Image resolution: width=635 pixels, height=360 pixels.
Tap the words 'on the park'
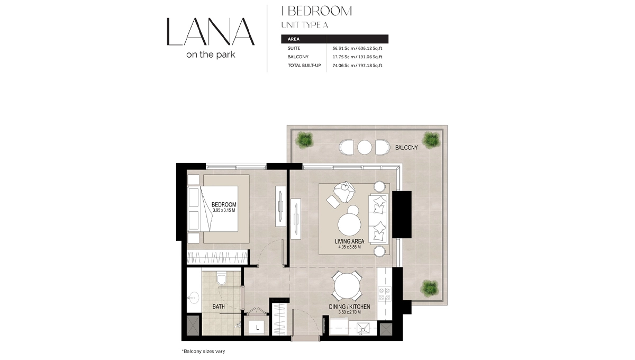(x=210, y=54)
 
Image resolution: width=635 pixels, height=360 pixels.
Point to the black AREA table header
(x=335, y=39)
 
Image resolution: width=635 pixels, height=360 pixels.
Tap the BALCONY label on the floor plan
(x=406, y=147)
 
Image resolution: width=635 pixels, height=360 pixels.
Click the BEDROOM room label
(x=224, y=204)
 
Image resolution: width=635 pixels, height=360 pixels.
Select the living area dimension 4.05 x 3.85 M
(x=349, y=247)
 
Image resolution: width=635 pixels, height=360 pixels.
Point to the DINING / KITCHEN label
(x=349, y=307)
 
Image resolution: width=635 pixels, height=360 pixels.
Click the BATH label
(x=219, y=307)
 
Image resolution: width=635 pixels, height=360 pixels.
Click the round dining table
(x=347, y=286)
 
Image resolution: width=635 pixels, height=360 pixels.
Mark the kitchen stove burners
(x=383, y=292)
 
